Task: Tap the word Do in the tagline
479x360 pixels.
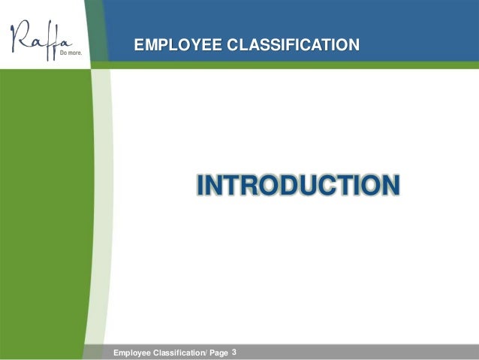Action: (x=64, y=54)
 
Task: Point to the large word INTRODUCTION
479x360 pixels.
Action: (x=297, y=185)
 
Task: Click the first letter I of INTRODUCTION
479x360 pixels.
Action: (x=200, y=185)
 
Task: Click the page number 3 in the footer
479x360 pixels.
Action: (x=234, y=351)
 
